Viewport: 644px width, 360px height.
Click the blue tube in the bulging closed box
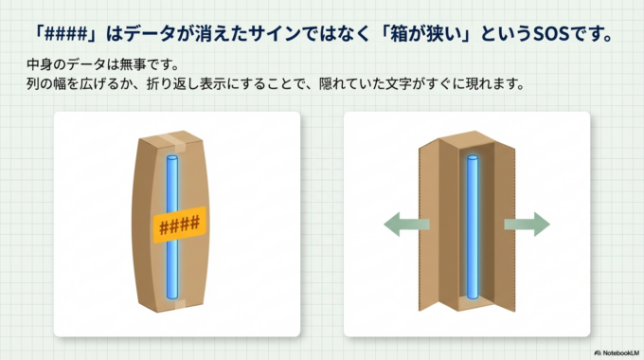tap(172, 180)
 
